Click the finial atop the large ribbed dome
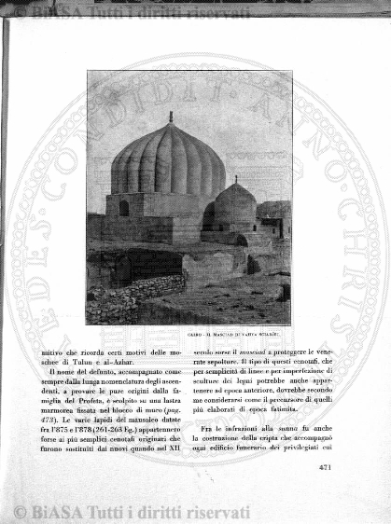pos(170,117)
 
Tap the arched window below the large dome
pos(124,208)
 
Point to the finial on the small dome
pos(236,179)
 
